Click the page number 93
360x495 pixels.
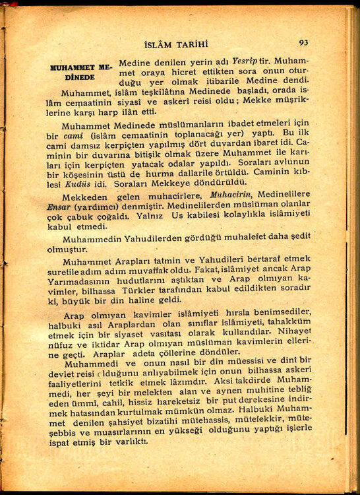click(303, 42)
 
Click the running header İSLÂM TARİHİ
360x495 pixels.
click(179, 45)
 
